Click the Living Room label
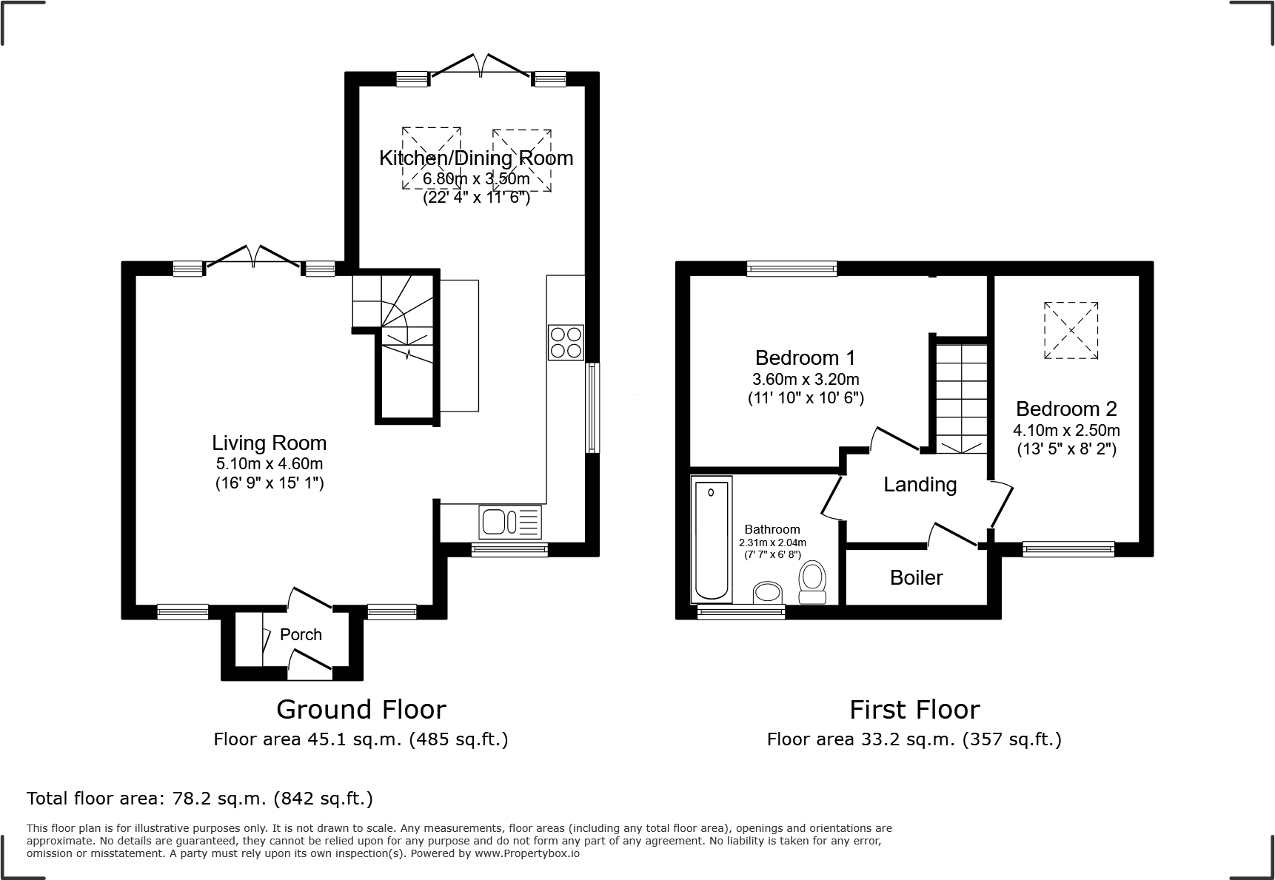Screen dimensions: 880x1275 pyautogui.click(x=269, y=443)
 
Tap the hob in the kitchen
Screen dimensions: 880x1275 pyautogui.click(x=566, y=342)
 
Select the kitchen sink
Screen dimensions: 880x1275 pyautogui.click(x=510, y=522)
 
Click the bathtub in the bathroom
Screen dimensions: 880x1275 pyautogui.click(x=711, y=540)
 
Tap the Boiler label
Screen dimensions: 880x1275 pyautogui.click(x=916, y=577)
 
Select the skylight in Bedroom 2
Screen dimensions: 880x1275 pyautogui.click(x=1071, y=330)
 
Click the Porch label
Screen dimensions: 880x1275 pyautogui.click(x=301, y=634)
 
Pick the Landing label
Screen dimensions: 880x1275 pyautogui.click(x=920, y=485)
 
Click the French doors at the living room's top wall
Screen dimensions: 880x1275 pyautogui.click(x=253, y=258)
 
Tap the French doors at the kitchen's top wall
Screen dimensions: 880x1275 pyautogui.click(x=481, y=67)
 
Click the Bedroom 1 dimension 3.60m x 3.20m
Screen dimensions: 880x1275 pyautogui.click(x=806, y=380)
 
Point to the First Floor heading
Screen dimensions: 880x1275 pyautogui.click(x=914, y=709)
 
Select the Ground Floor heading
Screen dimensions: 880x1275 pyautogui.click(x=361, y=709)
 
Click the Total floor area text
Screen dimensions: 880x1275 pyautogui.click(x=199, y=799)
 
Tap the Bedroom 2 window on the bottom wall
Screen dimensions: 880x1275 pyautogui.click(x=1068, y=548)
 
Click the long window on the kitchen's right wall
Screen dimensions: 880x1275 pyautogui.click(x=592, y=407)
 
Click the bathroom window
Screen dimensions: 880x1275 pyautogui.click(x=741, y=611)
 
